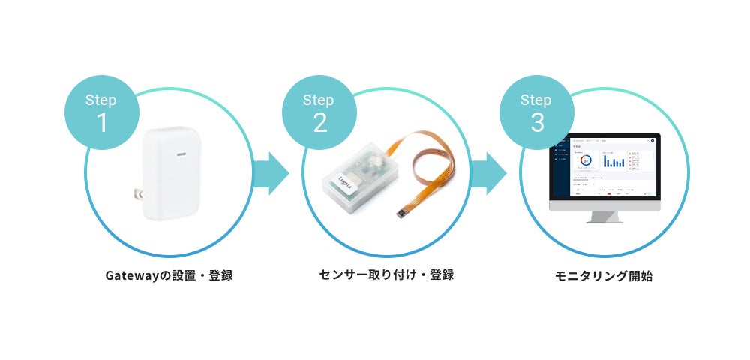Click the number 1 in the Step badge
[x=101, y=122]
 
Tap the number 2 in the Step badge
[x=319, y=122]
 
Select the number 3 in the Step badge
[x=537, y=122]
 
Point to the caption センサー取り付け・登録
[x=386, y=274]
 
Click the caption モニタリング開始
[x=604, y=276]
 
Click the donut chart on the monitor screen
[x=586, y=160]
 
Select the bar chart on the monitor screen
[x=614, y=160]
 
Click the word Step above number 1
[x=101, y=100]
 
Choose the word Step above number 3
[x=537, y=100]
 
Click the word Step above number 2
[x=319, y=100]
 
